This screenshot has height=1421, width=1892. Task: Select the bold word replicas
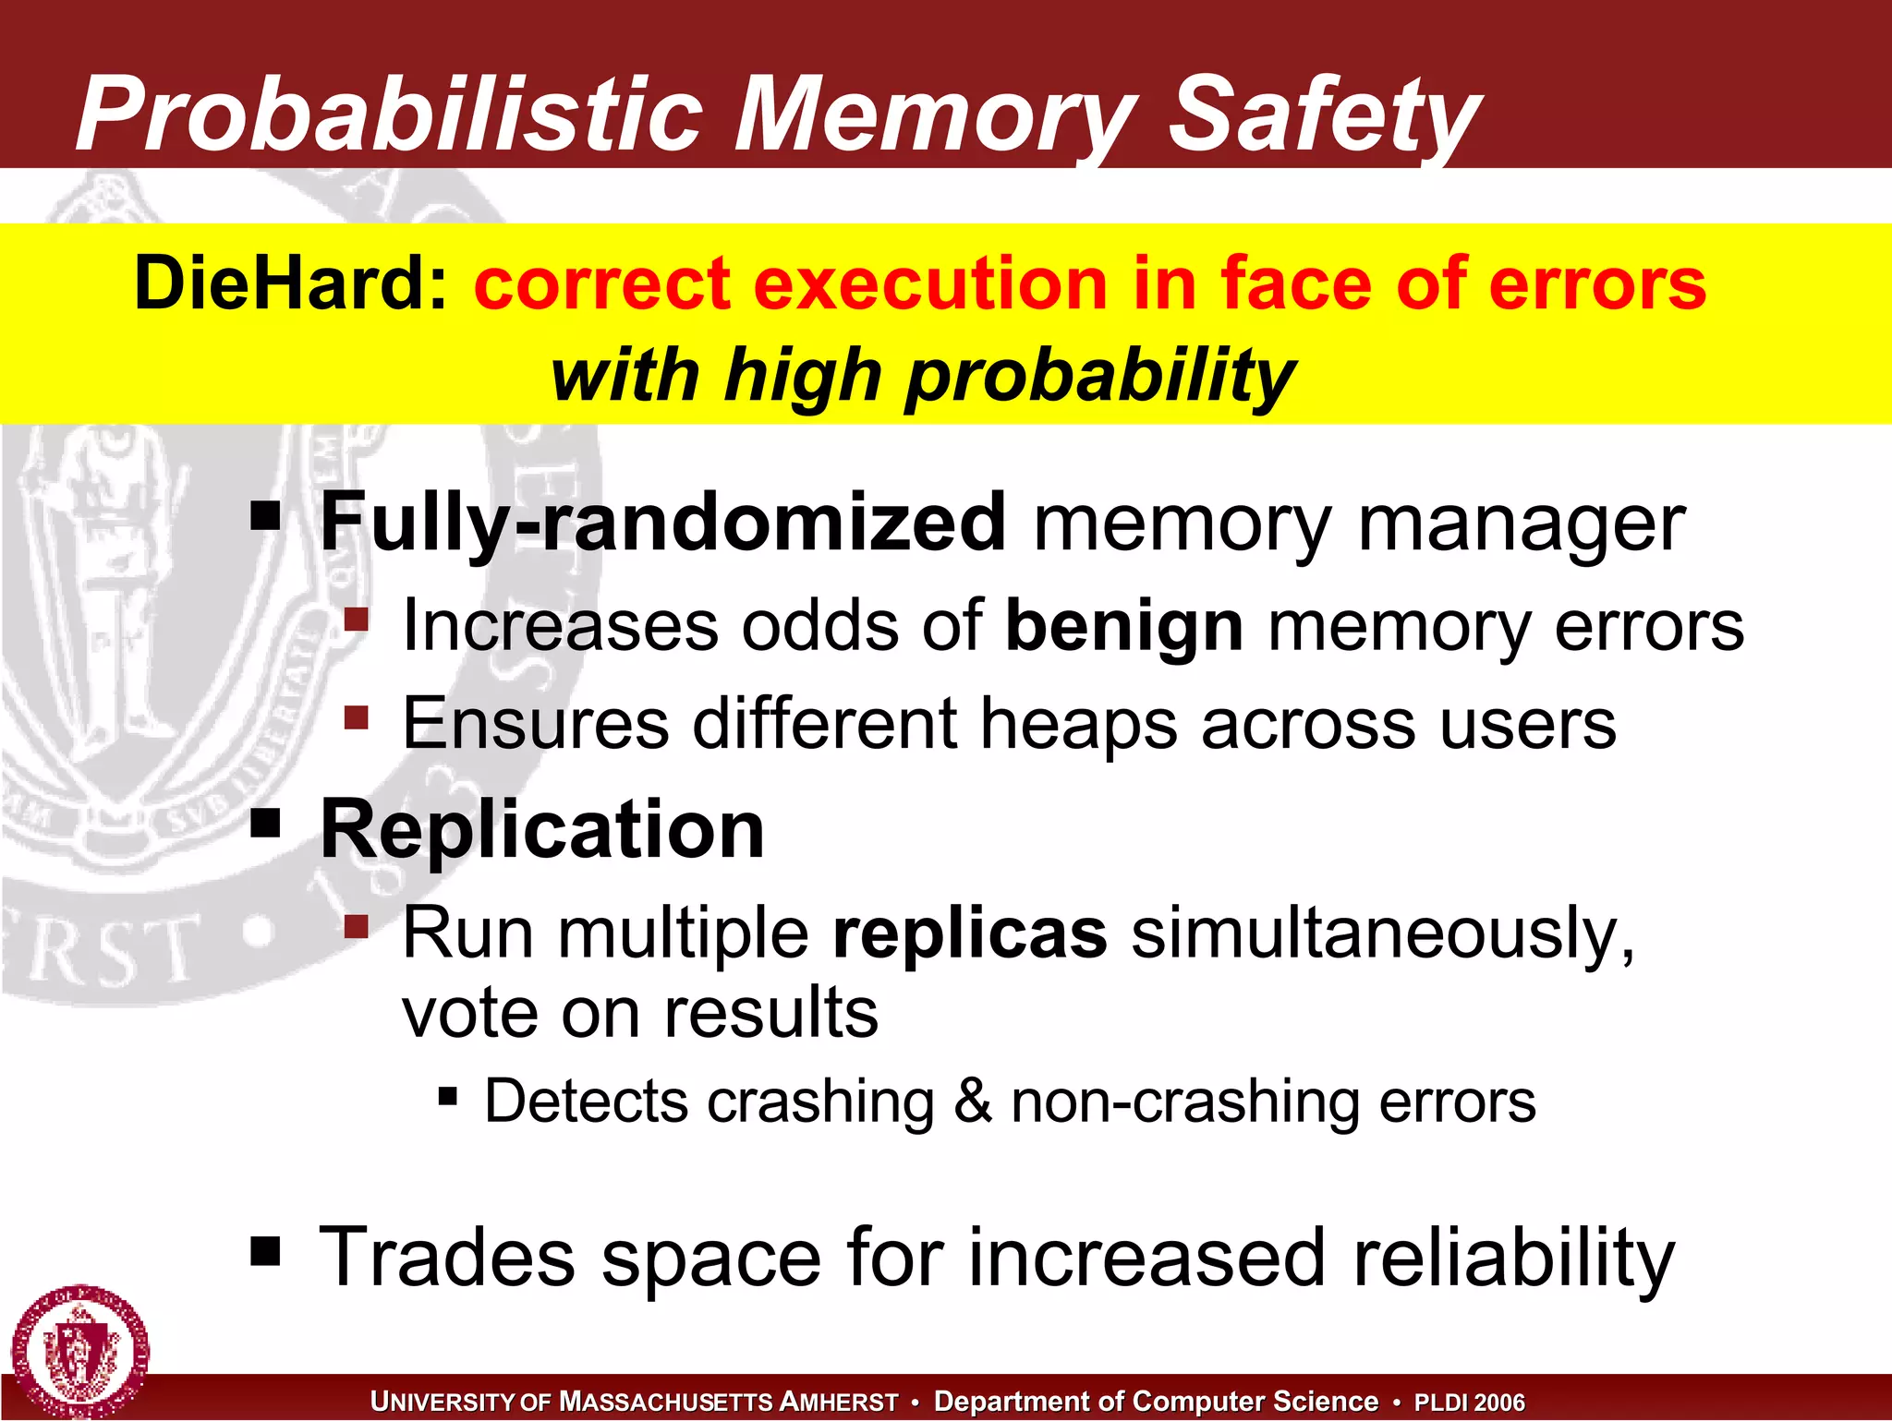[x=970, y=933]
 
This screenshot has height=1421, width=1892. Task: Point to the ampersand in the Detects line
[x=973, y=1102]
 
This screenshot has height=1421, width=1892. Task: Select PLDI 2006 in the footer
[x=1469, y=1403]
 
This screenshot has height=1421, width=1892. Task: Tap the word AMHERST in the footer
[x=839, y=1403]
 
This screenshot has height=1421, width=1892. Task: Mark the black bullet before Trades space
[x=265, y=1252]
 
